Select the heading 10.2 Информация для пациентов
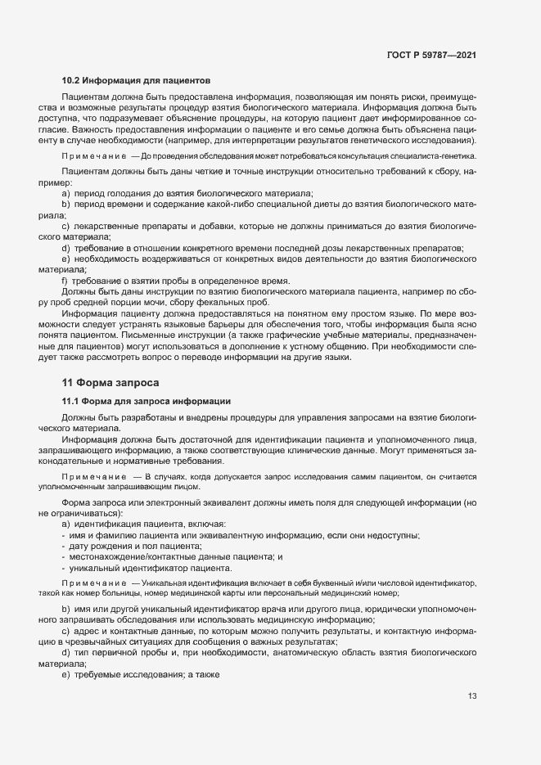tap(137, 81)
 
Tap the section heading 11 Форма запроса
tap(110, 383)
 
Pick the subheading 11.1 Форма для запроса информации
tap(147, 401)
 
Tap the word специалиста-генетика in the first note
tap(435, 156)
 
